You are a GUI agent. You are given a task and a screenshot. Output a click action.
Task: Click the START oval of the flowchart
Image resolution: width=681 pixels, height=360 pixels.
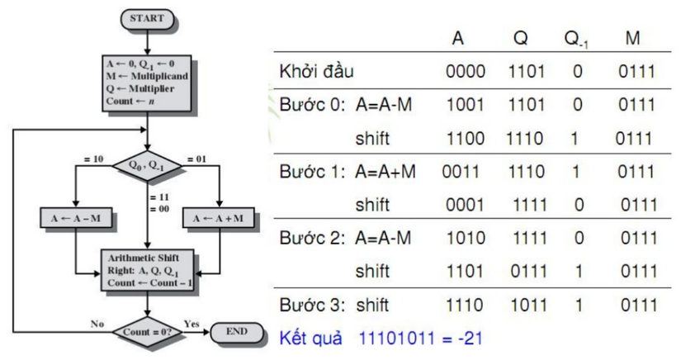coord(149,17)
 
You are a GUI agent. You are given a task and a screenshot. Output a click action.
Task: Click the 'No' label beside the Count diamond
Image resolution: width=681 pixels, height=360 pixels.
coord(96,323)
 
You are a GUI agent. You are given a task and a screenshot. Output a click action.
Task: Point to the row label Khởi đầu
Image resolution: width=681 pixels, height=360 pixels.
coord(317,72)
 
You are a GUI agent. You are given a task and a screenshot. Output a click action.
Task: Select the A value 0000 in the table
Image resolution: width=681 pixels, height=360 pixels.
coord(465,72)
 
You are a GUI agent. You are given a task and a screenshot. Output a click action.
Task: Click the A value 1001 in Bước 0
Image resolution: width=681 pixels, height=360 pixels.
coord(465,106)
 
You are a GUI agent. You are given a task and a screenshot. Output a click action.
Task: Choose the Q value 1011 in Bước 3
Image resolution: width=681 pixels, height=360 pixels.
coord(527,306)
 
